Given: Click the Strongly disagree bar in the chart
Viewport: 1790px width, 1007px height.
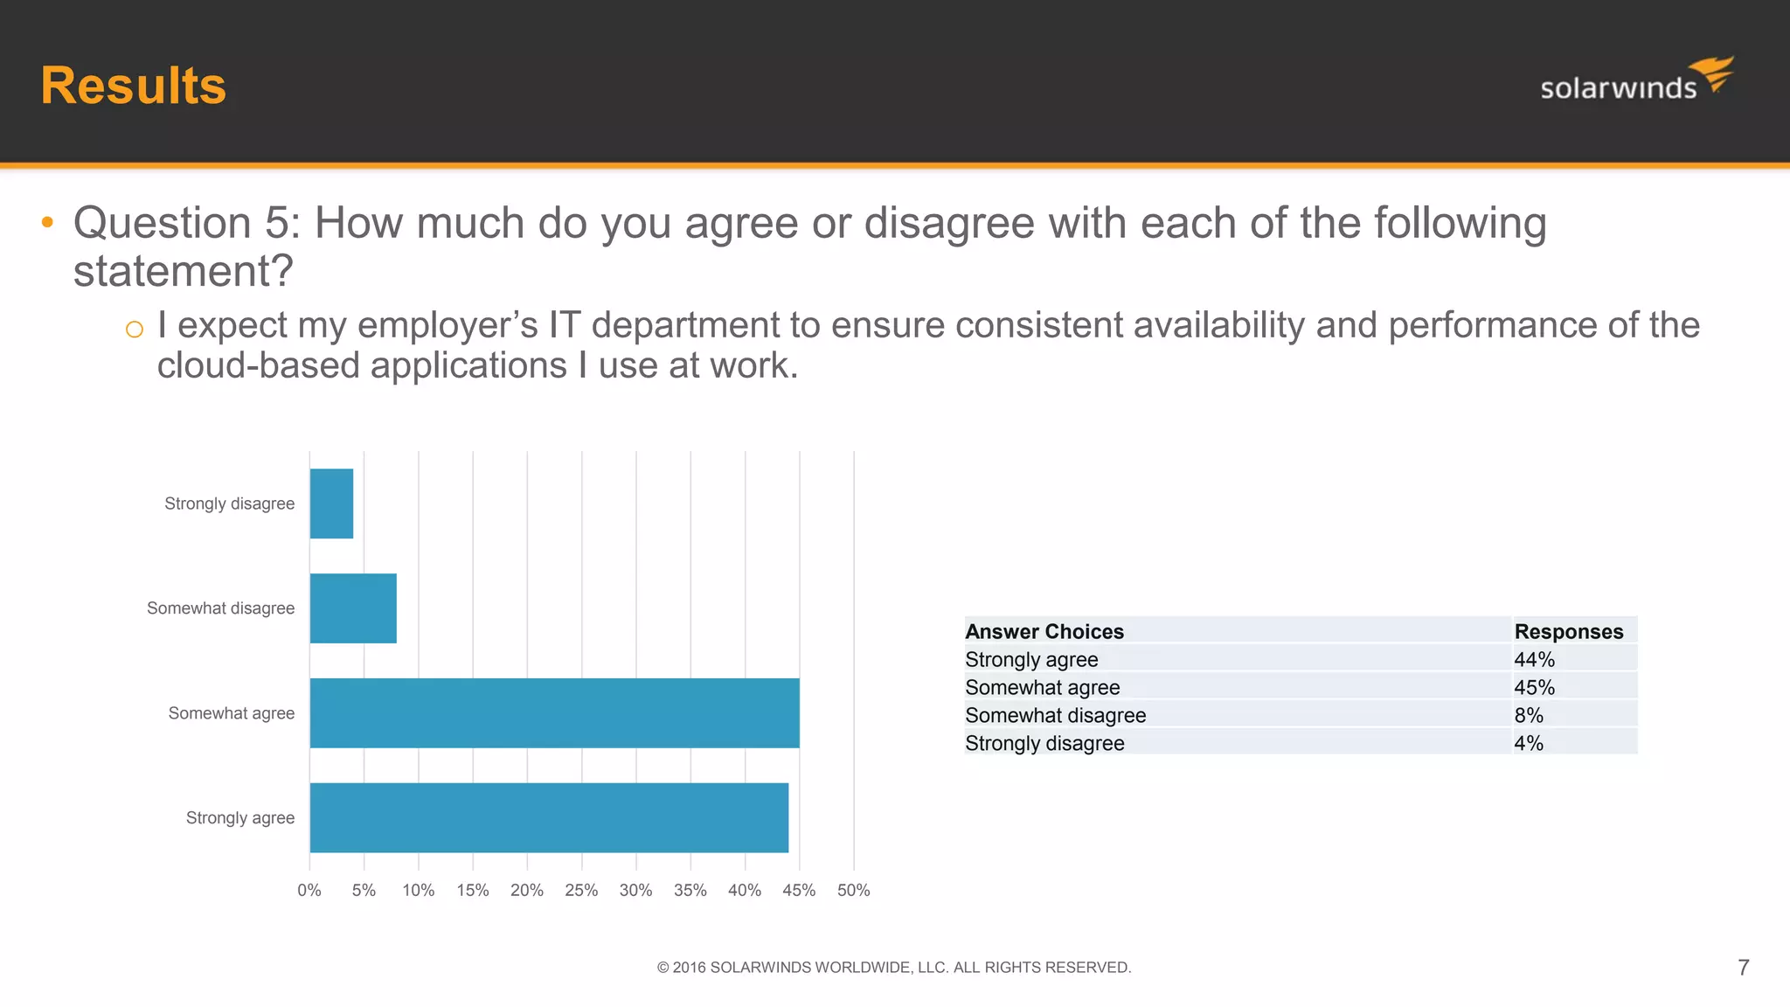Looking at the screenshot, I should click(331, 503).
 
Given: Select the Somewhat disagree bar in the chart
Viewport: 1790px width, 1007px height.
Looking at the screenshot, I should click(353, 608).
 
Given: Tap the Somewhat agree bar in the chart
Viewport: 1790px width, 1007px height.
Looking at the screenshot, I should click(554, 713).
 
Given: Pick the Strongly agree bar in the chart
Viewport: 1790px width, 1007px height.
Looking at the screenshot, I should click(549, 818).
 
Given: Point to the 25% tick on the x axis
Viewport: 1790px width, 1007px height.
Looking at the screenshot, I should click(581, 890).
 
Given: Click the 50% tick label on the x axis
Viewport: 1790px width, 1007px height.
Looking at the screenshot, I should click(853, 890).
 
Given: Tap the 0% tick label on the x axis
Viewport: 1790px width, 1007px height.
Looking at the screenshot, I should click(309, 890).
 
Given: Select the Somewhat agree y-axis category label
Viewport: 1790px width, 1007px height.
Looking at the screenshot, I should click(231, 713).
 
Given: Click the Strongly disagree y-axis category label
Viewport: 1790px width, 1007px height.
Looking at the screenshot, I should click(229, 503).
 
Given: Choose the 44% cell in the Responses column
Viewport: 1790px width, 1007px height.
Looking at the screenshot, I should click(1534, 659).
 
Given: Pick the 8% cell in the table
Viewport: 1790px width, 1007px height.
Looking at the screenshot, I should click(1529, 715).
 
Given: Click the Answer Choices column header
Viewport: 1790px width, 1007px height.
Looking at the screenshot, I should click(1044, 631).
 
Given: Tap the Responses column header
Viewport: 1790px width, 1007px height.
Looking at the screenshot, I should click(1568, 631).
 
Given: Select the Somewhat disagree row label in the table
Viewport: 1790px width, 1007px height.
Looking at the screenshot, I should click(1055, 715).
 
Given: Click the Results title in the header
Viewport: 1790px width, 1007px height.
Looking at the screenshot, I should click(133, 86).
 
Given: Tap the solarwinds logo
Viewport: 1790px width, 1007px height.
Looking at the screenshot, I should click(1635, 80).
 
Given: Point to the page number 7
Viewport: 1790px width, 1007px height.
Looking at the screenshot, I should click(1743, 968).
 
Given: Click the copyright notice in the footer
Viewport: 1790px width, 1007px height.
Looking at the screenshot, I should click(894, 968).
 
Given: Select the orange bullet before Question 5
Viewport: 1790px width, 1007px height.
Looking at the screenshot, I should click(47, 223).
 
